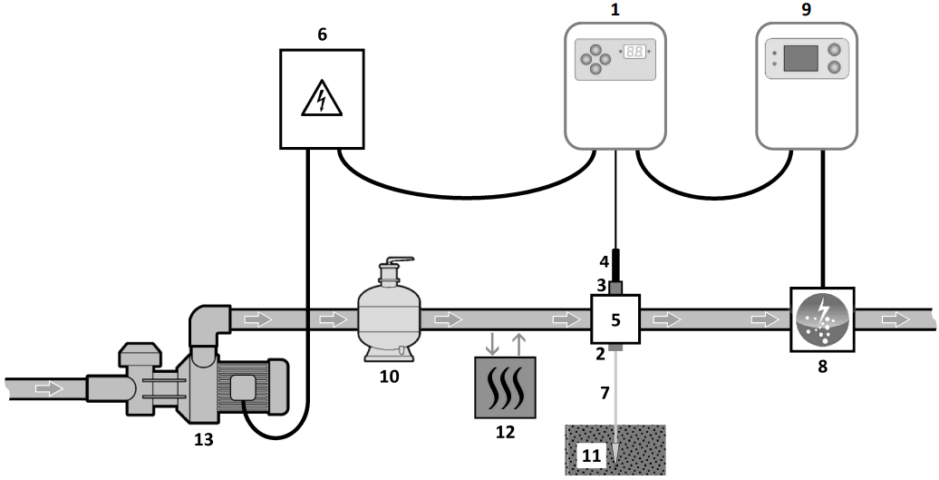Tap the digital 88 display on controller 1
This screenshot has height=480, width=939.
click(634, 52)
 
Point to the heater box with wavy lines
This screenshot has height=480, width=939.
click(505, 387)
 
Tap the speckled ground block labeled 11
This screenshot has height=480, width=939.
click(616, 450)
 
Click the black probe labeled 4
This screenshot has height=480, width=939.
click(616, 266)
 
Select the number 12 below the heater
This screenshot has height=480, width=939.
click(505, 431)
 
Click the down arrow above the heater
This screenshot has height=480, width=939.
click(491, 344)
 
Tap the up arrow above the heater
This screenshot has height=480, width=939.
click(518, 344)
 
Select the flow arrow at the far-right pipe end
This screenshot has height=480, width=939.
click(897, 319)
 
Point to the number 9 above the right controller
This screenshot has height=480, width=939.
click(806, 10)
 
